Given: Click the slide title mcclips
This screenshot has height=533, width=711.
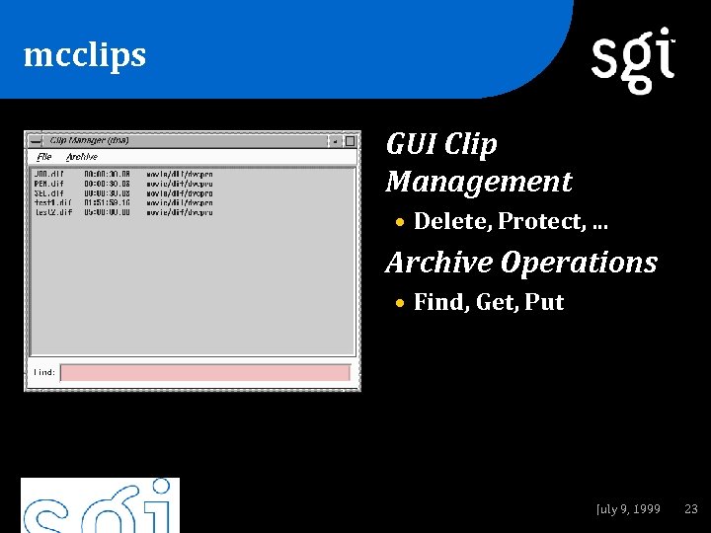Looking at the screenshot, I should point(85,55).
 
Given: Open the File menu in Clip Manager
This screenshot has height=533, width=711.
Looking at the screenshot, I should point(44,157).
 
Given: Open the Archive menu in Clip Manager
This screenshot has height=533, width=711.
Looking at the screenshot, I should point(82,157).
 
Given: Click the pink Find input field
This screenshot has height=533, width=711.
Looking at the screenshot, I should point(205,373).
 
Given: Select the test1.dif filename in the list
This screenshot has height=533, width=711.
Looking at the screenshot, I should point(53,202).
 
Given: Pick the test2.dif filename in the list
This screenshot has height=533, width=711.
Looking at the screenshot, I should point(53,212).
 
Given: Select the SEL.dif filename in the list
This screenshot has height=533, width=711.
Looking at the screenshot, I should point(49,193).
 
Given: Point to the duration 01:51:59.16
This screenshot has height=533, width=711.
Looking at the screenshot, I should point(108,202).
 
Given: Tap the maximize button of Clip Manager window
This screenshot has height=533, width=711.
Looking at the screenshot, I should point(350,141).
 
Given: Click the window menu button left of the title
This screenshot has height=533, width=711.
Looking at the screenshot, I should point(36,141).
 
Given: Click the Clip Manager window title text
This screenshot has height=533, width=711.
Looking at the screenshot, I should point(90,140).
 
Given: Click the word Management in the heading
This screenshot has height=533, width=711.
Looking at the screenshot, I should point(479,182).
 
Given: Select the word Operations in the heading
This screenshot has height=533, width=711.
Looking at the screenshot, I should point(579,263).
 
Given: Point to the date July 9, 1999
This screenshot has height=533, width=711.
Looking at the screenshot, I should point(628,509).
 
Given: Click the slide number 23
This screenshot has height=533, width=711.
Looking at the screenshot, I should point(691,509).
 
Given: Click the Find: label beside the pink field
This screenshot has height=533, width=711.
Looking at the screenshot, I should point(44,373).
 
